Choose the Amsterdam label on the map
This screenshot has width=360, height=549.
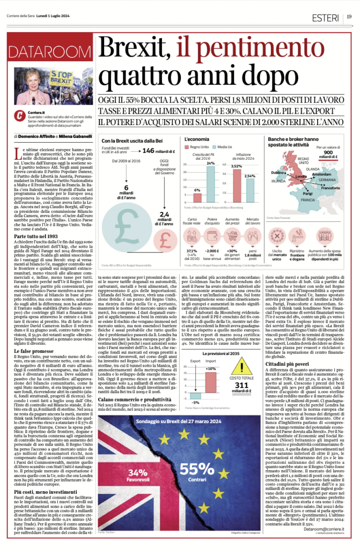[x=324, y=174]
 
